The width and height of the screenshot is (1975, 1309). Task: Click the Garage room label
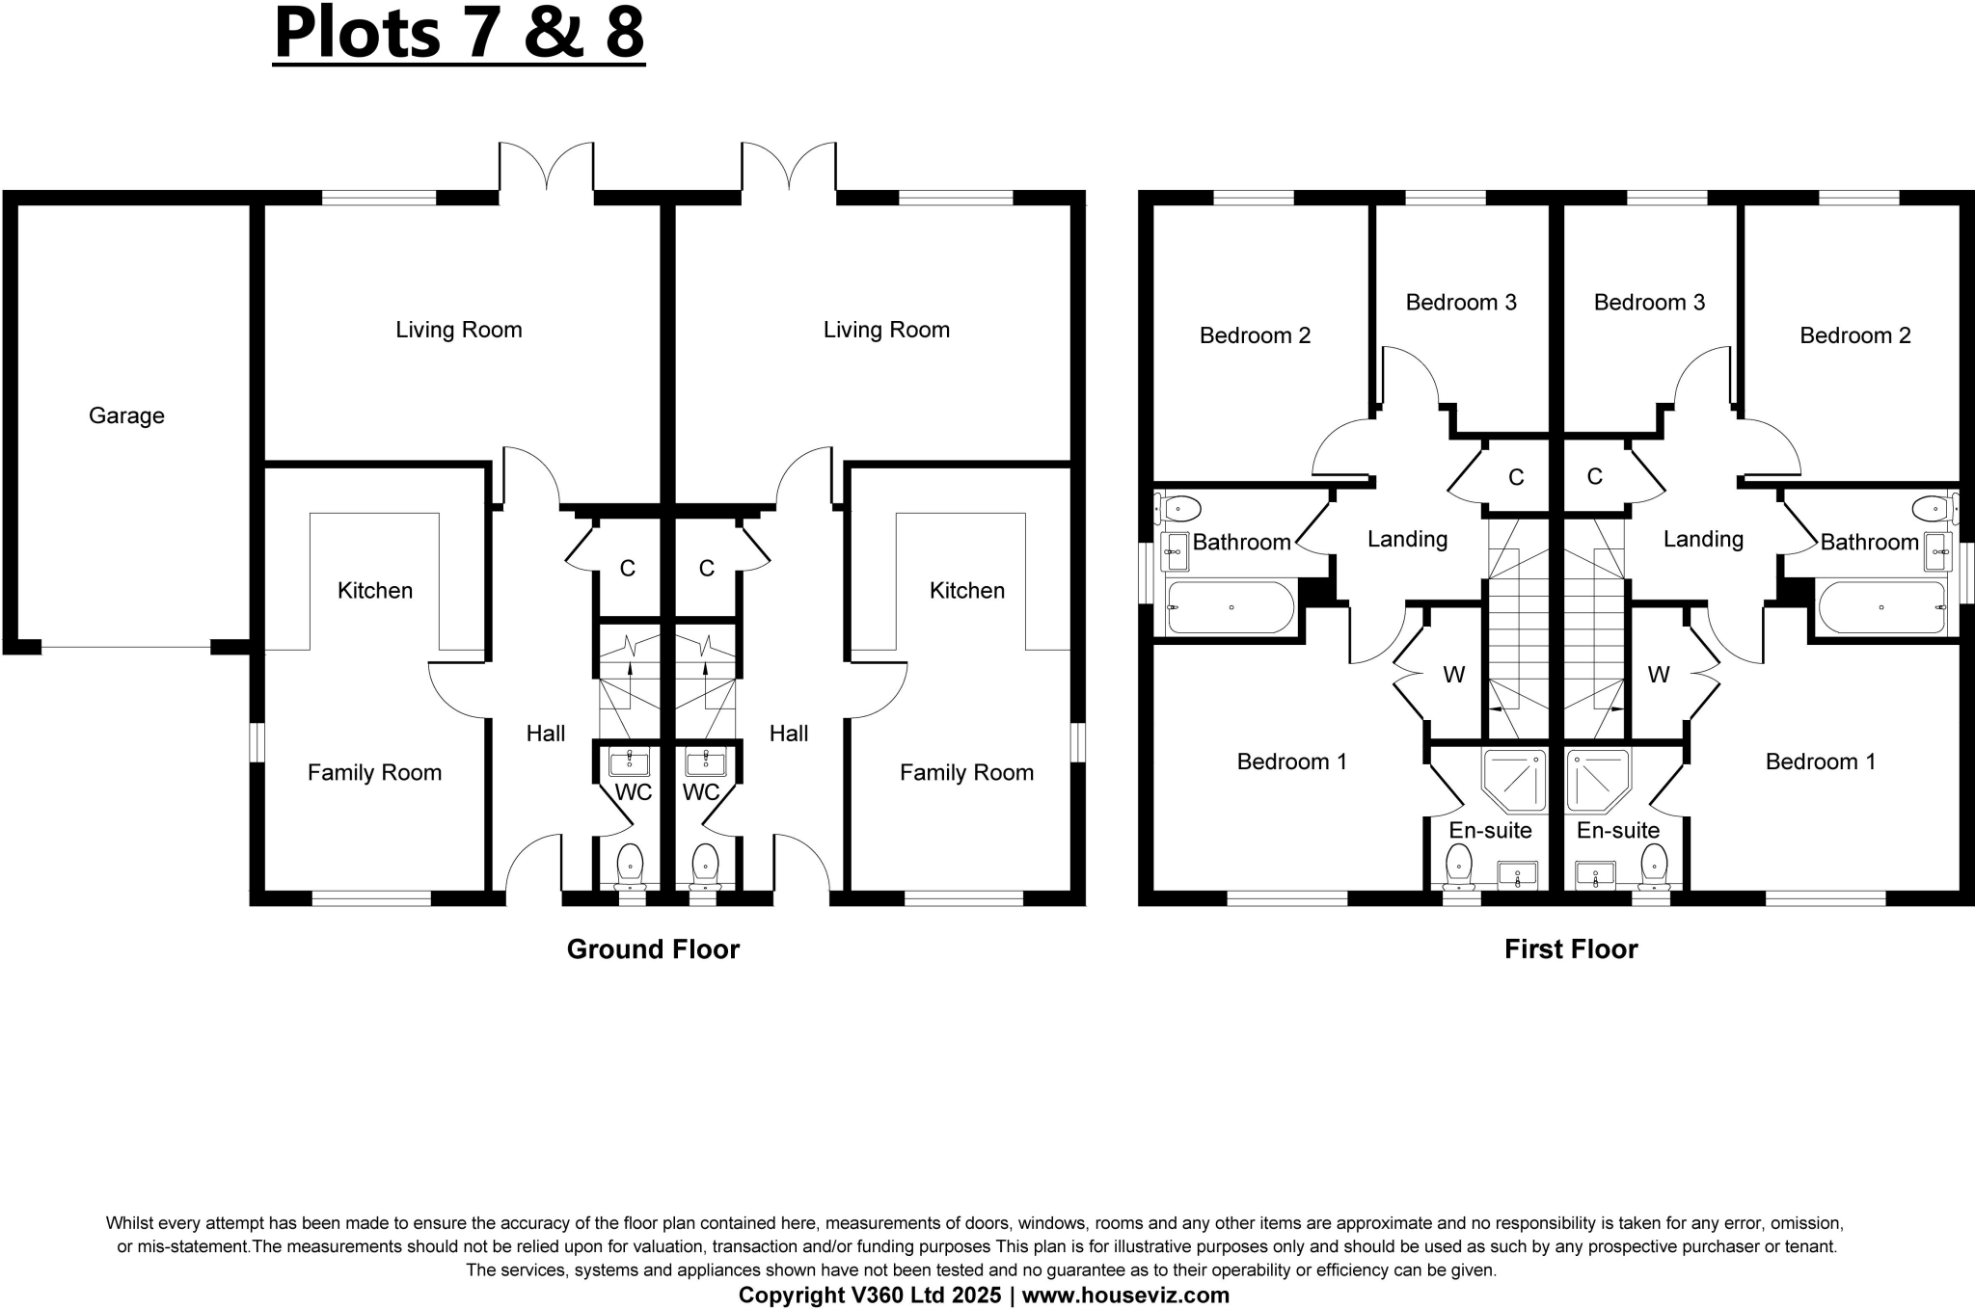126,415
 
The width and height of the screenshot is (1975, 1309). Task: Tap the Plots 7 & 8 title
459,33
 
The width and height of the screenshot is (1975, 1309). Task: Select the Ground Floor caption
653,949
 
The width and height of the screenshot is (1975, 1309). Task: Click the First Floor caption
1571,949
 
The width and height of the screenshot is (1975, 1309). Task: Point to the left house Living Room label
459,330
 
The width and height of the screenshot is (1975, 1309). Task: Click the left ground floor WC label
634,792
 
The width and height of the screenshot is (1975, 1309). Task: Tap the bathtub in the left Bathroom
1231,607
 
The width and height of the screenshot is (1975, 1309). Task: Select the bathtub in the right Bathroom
1881,607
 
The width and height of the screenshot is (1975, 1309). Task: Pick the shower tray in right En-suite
1599,779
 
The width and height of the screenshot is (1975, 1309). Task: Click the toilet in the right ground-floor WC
706,865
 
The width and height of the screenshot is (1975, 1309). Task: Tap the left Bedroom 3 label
1461,303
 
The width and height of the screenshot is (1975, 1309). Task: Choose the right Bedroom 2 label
1854,335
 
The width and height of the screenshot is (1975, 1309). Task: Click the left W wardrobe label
1453,675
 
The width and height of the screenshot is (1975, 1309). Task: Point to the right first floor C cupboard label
1594,476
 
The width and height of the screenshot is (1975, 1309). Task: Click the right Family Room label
966,772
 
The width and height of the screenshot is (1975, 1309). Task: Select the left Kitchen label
375,590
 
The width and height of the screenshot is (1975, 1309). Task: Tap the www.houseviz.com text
1125,1295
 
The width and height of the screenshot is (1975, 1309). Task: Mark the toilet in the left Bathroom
1181,508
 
